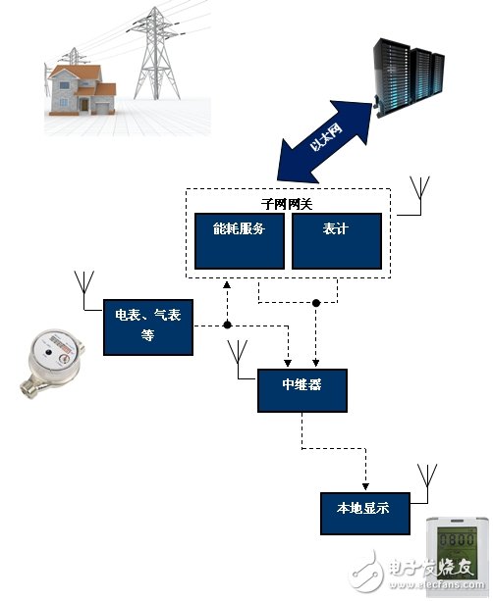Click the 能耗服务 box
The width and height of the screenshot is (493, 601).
click(240, 239)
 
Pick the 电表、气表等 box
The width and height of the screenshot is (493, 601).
click(149, 326)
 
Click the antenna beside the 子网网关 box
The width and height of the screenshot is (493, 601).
click(423, 195)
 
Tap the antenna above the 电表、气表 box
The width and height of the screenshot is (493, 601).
click(83, 286)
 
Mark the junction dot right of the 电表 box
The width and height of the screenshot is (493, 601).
click(227, 325)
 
